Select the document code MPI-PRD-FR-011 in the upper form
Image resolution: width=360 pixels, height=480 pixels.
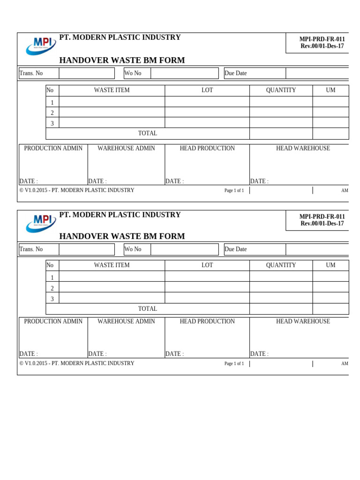click(x=322, y=39)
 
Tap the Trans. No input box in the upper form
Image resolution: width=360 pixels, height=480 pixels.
click(x=87, y=73)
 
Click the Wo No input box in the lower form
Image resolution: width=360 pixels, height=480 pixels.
click(x=184, y=249)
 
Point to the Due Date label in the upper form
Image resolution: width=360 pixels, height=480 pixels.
click(x=235, y=73)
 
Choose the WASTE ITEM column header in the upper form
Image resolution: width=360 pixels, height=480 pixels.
click(x=112, y=90)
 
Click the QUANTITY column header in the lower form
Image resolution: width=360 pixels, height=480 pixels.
click(x=281, y=265)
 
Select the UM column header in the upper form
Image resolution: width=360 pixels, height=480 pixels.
click(x=330, y=90)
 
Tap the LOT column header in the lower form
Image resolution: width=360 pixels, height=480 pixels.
click(x=207, y=265)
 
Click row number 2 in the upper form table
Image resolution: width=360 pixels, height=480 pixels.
click(x=52, y=113)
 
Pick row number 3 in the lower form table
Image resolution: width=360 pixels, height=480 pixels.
click(x=52, y=299)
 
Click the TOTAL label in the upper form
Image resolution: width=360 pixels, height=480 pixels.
click(x=147, y=134)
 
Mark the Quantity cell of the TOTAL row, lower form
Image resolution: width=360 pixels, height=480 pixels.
click(x=281, y=309)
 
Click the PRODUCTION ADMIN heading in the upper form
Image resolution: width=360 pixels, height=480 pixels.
click(x=53, y=149)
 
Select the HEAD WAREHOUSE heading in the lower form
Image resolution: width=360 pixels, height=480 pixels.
click(x=303, y=322)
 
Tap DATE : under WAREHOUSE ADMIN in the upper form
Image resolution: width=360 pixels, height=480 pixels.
click(x=97, y=181)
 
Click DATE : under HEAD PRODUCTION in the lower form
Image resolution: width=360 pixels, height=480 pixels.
click(x=174, y=354)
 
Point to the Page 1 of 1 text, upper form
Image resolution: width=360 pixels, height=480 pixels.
click(x=234, y=191)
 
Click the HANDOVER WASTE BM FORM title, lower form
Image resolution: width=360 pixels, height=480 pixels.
click(x=122, y=236)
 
